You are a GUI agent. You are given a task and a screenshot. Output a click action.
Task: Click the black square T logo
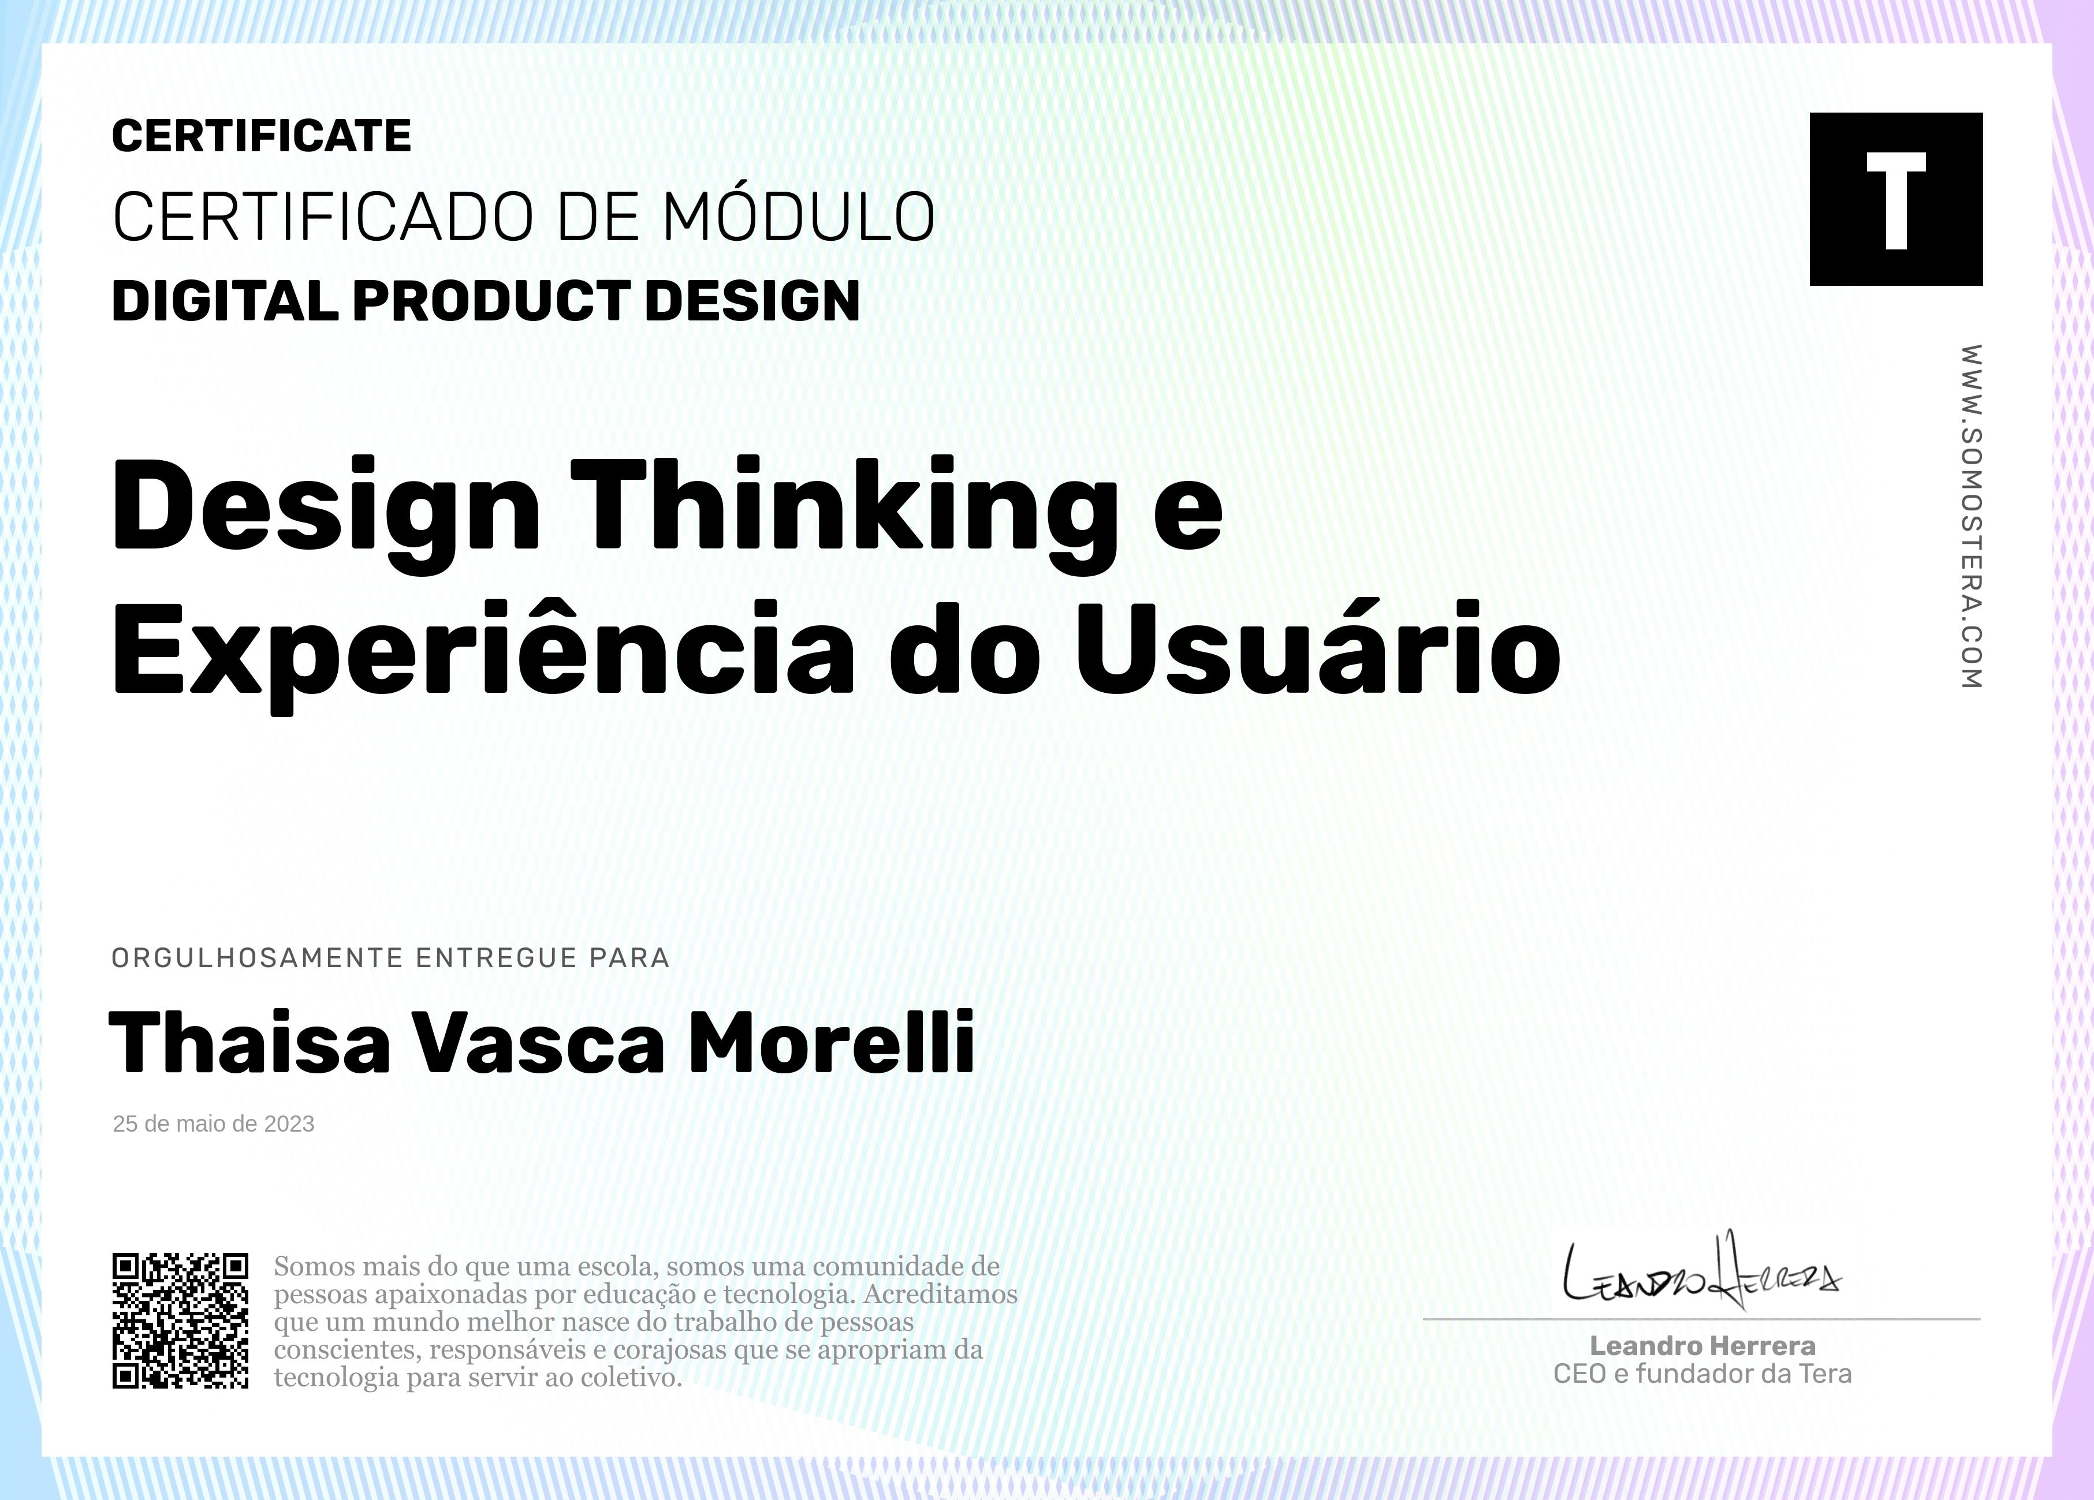pyautogui.click(x=1895, y=199)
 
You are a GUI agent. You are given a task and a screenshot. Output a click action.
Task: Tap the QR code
pyautogui.click(x=181, y=1320)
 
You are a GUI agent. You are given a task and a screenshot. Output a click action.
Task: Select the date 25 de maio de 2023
pyautogui.click(x=213, y=1124)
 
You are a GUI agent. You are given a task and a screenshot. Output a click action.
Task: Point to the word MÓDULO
pyautogui.click(x=799, y=217)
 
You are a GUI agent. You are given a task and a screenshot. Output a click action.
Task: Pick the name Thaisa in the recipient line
pyautogui.click(x=249, y=1041)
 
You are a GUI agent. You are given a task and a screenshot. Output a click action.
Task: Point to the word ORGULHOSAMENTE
pyautogui.click(x=258, y=958)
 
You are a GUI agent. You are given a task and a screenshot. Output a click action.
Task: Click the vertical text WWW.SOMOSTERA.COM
pyautogui.click(x=1971, y=517)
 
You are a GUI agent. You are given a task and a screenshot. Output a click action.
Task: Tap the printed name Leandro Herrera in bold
pyautogui.click(x=1702, y=1346)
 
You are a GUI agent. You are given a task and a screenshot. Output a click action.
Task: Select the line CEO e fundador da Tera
pyautogui.click(x=1702, y=1375)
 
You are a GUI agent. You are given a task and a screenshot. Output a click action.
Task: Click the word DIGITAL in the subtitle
pyautogui.click(x=224, y=301)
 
